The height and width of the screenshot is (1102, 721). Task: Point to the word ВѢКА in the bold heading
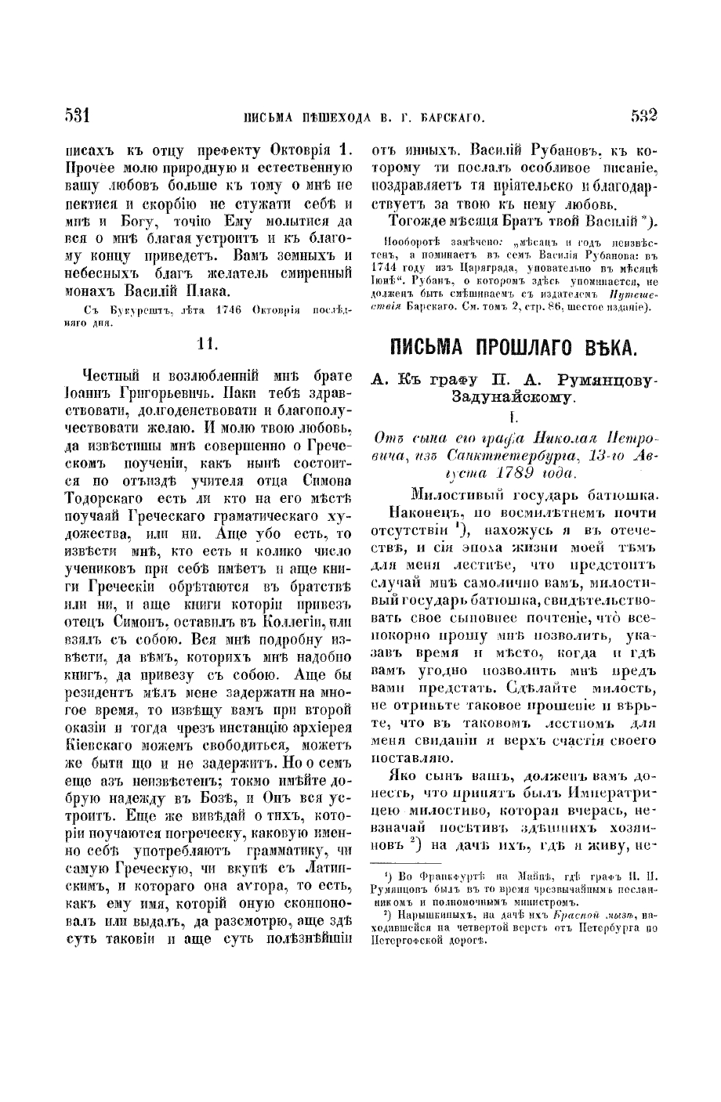pyautogui.click(x=606, y=369)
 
